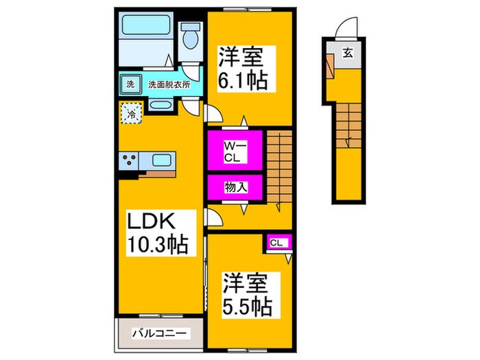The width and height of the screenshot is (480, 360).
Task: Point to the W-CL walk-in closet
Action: (234, 149)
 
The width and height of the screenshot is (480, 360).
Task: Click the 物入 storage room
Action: (235, 187)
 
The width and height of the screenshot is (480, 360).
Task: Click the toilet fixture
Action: (189, 34)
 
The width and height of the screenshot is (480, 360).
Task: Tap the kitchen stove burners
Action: (130, 162)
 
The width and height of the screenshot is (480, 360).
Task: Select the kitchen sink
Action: (163, 161)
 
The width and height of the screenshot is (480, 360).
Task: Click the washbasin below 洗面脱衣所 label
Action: (160, 106)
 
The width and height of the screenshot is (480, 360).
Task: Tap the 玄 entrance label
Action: (348, 53)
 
